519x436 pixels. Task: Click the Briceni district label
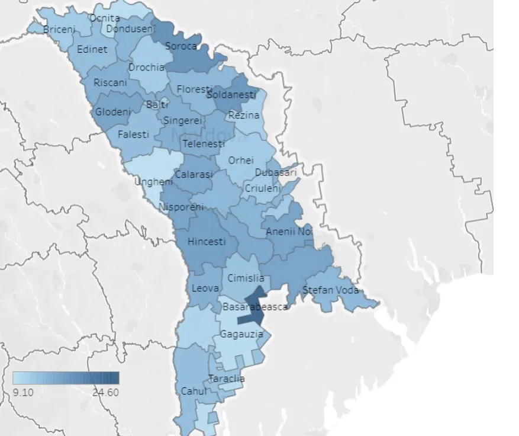(60, 29)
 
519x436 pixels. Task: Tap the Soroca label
(180, 46)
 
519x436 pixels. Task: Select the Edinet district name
(92, 49)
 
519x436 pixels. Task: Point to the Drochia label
(146, 68)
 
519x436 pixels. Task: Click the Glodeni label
(113, 111)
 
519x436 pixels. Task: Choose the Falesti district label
(133, 134)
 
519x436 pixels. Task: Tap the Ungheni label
(153, 182)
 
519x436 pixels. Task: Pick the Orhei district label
(241, 160)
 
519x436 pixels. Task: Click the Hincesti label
(207, 242)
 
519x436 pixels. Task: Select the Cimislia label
(246, 278)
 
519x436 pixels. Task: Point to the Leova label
(205, 288)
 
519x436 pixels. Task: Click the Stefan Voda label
(330, 290)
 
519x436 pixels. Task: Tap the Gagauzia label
(241, 334)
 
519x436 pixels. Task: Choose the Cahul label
(194, 392)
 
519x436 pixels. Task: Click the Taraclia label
(227, 379)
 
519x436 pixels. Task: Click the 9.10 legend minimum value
(23, 392)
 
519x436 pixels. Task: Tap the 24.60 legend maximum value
(105, 392)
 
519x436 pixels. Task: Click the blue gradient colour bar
(66, 378)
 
